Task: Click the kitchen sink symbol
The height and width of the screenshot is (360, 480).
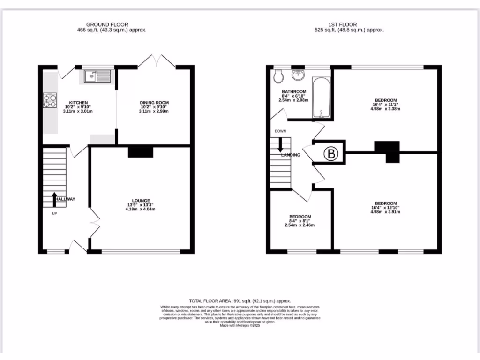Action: click(x=97, y=76)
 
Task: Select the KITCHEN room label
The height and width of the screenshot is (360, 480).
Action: click(x=79, y=103)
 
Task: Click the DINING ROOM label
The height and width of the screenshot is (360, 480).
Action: click(x=154, y=103)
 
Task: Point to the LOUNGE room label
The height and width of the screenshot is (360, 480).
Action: click(x=141, y=201)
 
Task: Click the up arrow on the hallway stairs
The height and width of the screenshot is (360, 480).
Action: click(x=54, y=198)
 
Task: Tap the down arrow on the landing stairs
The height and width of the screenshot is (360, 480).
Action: click(x=280, y=142)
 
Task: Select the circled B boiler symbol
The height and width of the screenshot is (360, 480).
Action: click(x=331, y=153)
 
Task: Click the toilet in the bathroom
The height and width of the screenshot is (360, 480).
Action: click(x=278, y=76)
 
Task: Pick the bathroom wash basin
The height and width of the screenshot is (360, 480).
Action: click(x=298, y=75)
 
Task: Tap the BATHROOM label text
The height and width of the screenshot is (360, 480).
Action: click(x=294, y=92)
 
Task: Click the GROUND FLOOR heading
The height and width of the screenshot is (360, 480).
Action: click(x=107, y=24)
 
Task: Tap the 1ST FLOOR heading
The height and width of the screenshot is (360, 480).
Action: click(x=342, y=24)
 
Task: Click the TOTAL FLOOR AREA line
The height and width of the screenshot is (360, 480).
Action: click(x=240, y=301)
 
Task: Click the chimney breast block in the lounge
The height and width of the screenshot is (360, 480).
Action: click(x=141, y=152)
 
